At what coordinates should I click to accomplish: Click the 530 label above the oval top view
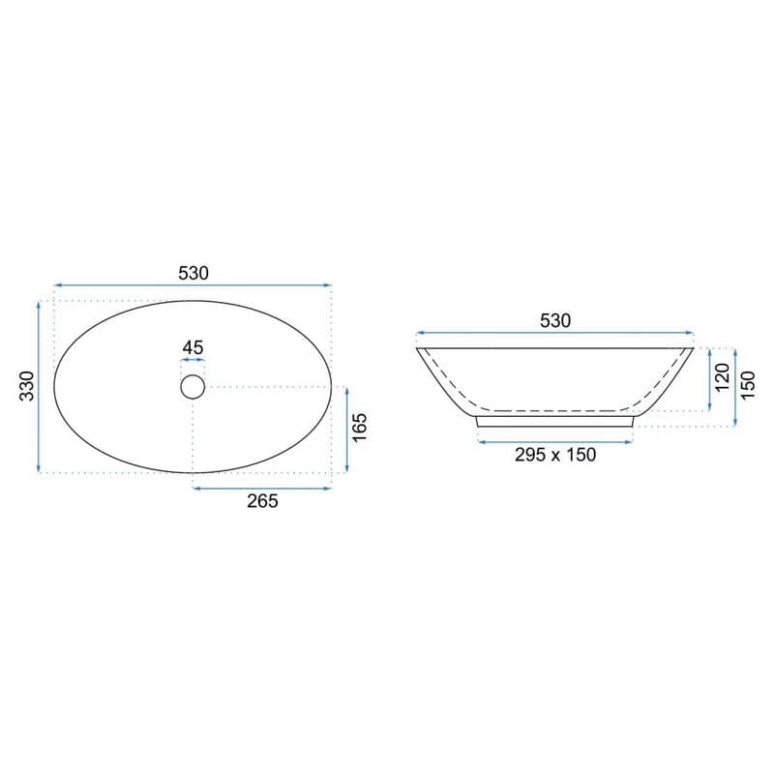tap(193, 273)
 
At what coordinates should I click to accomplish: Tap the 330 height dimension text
tap(27, 386)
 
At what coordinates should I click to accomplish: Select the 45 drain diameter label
tap(193, 347)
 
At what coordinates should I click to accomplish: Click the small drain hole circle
tap(193, 386)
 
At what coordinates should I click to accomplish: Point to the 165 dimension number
tap(360, 428)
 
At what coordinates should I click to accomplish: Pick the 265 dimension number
tap(262, 501)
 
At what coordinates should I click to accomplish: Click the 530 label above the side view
tap(555, 321)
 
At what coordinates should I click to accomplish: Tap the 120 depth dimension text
tap(722, 376)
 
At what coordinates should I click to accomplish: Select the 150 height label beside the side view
tap(748, 385)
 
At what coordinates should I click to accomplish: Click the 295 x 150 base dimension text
tap(555, 455)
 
